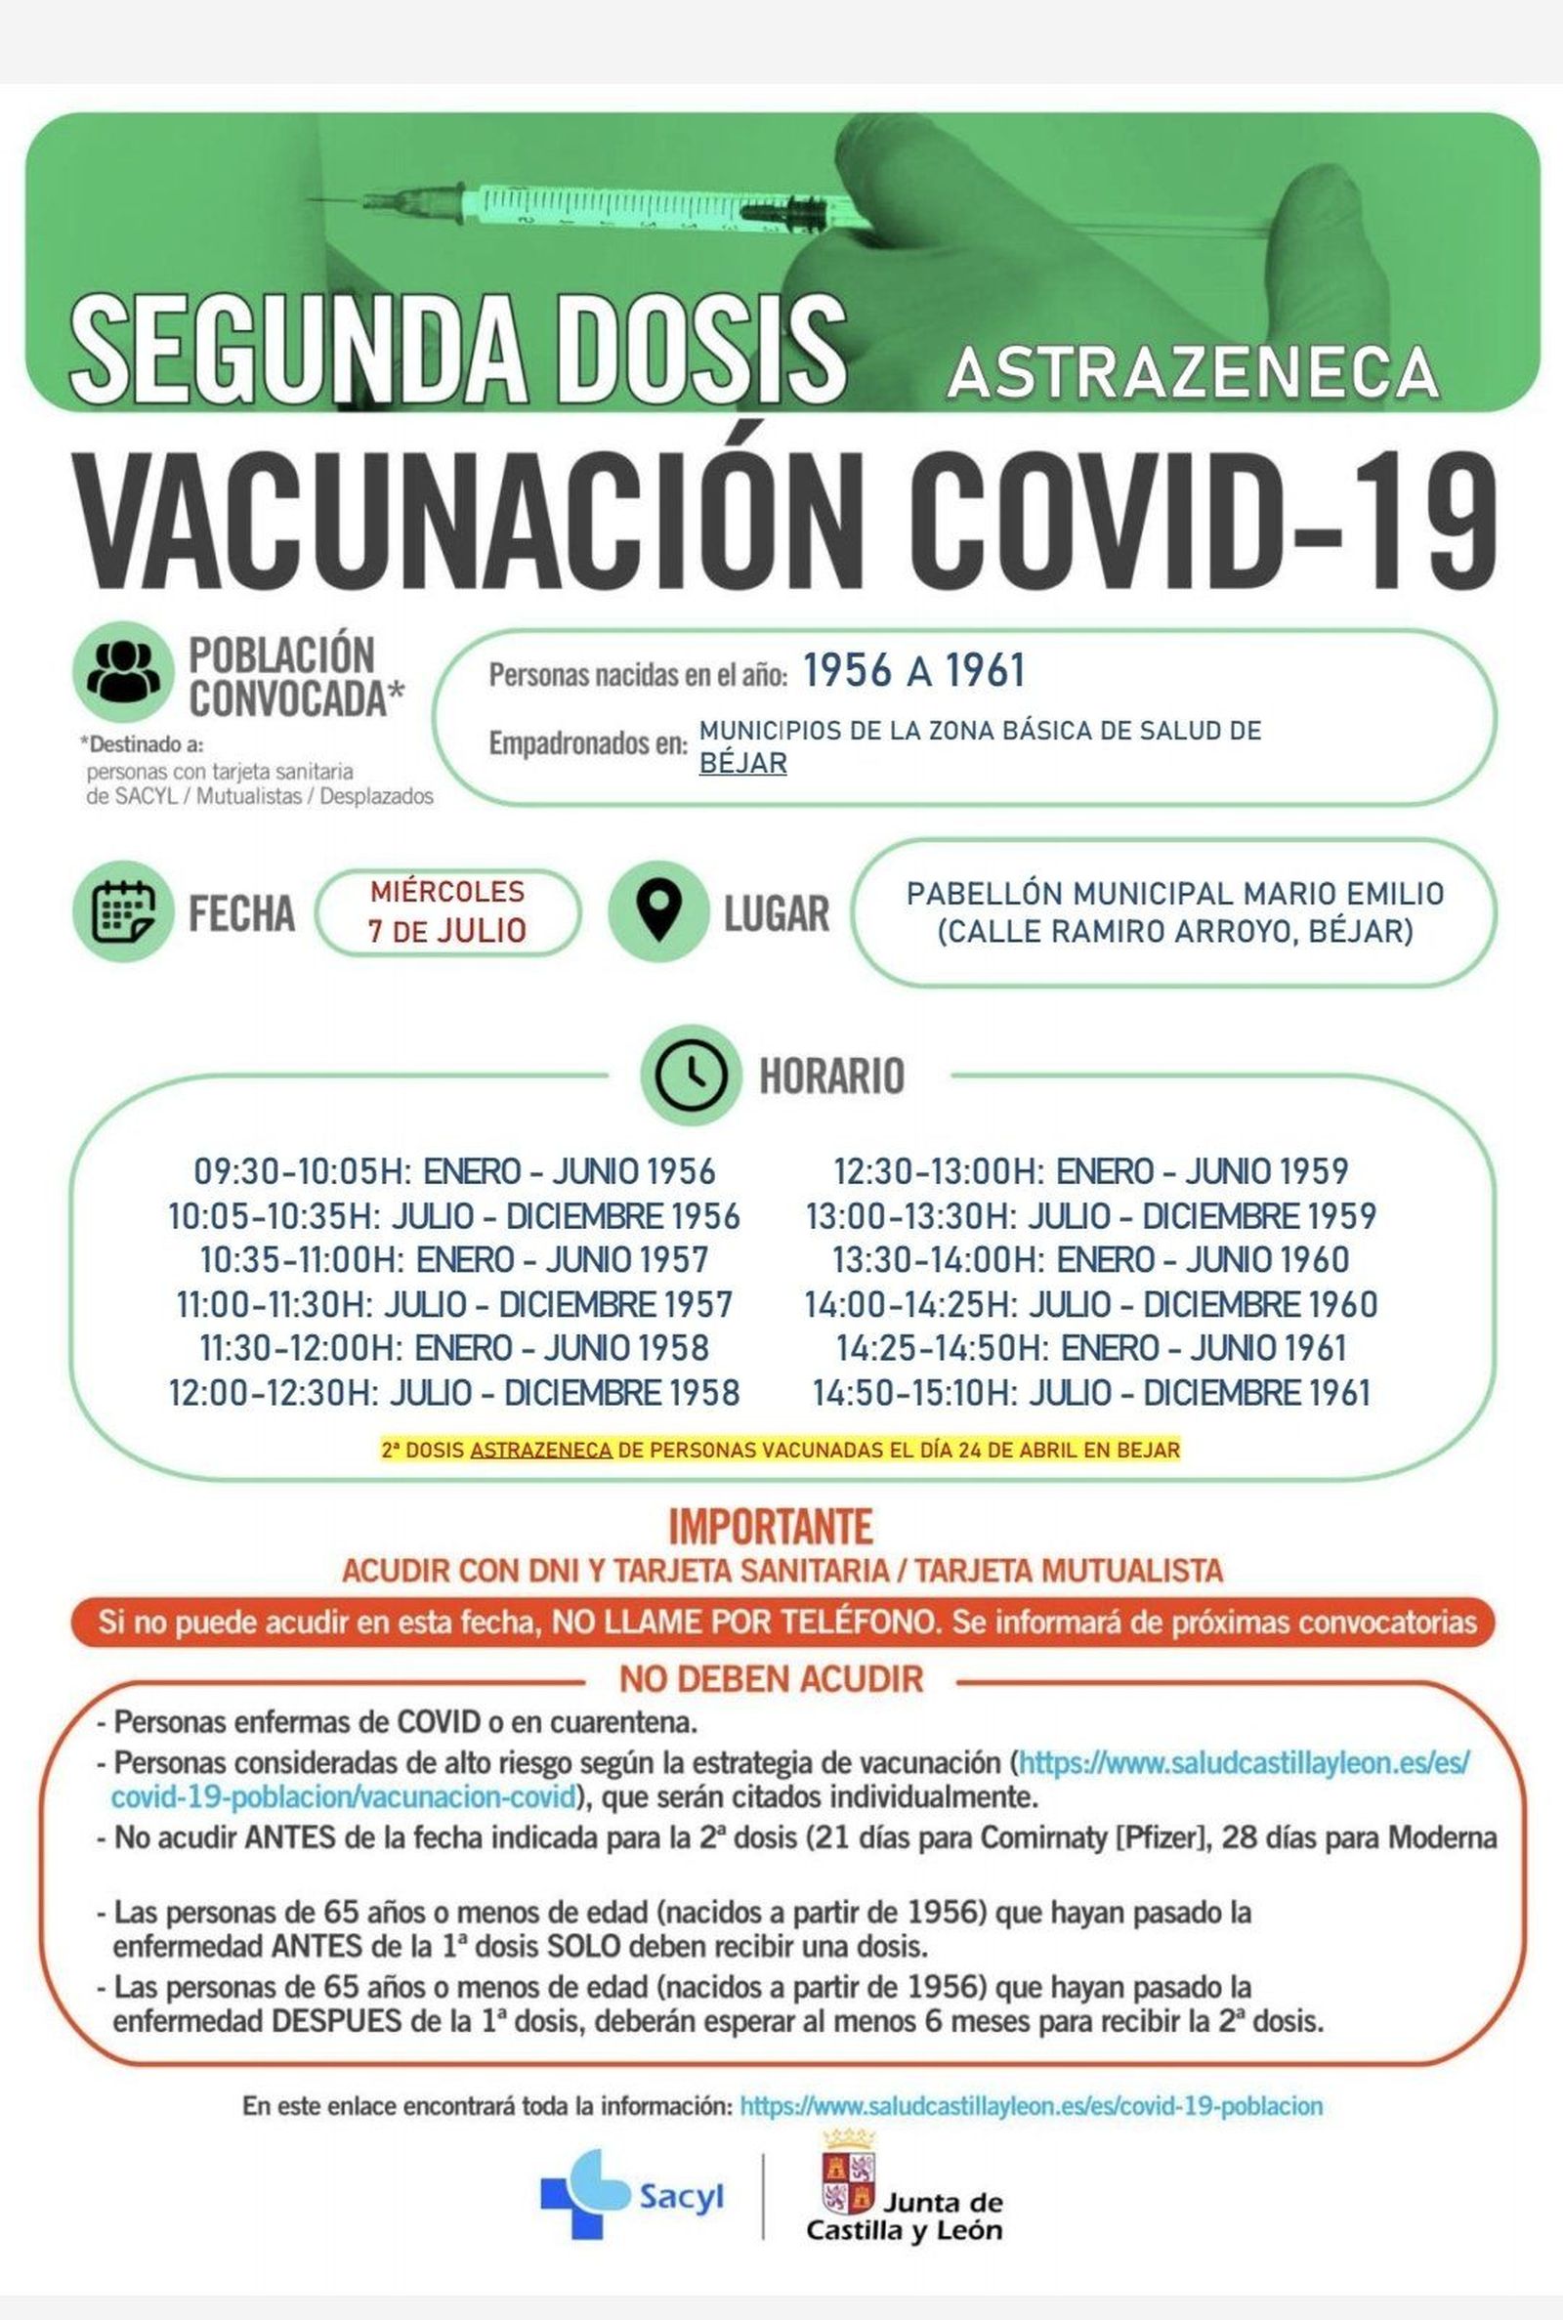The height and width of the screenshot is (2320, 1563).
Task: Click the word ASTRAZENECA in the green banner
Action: point(1193,372)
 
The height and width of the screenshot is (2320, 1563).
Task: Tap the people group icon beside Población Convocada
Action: point(123,671)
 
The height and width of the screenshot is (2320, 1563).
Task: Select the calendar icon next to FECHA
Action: point(124,910)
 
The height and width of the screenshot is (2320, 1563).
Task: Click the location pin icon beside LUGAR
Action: point(657,910)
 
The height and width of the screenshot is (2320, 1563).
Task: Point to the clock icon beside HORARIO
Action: point(690,1075)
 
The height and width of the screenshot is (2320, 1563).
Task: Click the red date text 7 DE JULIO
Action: point(447,931)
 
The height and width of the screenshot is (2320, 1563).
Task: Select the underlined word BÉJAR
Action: point(742,763)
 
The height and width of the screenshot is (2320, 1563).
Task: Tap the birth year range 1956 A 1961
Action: point(913,671)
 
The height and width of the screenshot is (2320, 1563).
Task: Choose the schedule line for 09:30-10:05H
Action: point(454,1171)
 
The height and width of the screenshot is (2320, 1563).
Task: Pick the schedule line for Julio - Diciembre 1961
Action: point(1091,1392)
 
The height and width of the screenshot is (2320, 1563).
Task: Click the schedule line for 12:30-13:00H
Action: point(1091,1171)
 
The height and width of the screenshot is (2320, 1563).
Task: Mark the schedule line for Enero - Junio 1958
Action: point(454,1348)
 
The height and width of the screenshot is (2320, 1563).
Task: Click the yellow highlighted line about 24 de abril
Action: point(781,1450)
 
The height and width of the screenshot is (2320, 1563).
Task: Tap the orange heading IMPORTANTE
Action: point(770,1527)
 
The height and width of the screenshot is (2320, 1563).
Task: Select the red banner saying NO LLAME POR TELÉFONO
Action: point(781,1624)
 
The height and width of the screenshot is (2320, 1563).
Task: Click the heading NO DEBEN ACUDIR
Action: point(771,1680)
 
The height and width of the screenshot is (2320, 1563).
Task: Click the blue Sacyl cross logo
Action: point(571,2194)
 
